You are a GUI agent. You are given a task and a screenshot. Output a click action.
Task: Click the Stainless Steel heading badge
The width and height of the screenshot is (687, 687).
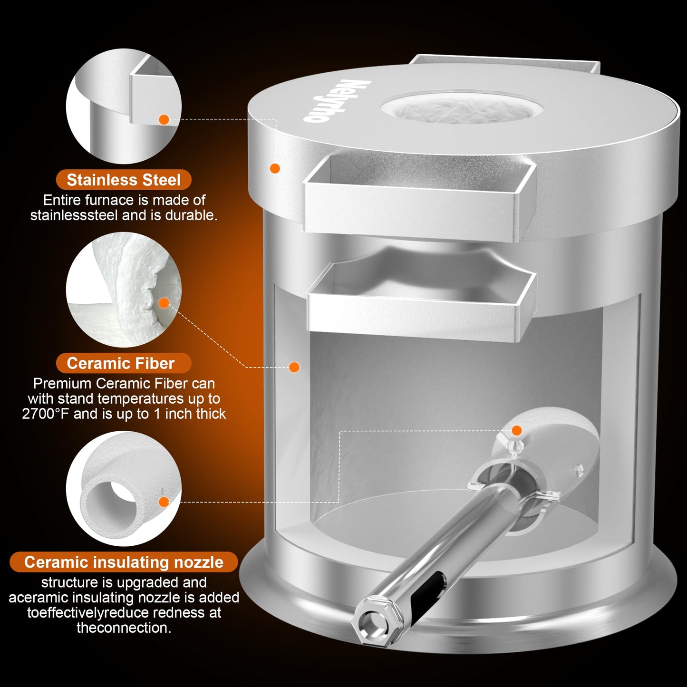tap(123, 180)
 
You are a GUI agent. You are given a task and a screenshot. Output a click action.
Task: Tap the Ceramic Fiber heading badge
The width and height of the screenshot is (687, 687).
tap(123, 363)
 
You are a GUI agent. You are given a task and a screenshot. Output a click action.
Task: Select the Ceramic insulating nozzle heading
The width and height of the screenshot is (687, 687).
tap(123, 562)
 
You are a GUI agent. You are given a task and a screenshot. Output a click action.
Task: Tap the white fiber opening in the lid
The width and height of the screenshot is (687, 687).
tap(462, 107)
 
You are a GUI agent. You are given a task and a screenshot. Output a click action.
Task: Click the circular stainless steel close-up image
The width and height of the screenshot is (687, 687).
tap(124, 106)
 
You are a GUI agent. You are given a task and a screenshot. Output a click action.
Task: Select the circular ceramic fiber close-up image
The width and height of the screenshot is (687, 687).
tap(124, 290)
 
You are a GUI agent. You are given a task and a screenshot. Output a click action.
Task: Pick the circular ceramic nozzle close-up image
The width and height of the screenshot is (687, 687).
tap(124, 488)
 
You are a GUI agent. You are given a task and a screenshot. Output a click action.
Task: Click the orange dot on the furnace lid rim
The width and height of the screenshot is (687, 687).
tap(274, 168)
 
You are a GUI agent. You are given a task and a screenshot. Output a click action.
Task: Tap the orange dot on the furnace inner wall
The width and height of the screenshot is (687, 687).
tap(294, 367)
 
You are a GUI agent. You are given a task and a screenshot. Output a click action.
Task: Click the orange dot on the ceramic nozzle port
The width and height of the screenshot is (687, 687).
tap(517, 431)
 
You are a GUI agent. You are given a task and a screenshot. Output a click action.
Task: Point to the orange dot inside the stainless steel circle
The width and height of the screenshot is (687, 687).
tap(164, 119)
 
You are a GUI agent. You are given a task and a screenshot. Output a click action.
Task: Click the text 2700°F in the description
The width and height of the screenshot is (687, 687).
tap(45, 414)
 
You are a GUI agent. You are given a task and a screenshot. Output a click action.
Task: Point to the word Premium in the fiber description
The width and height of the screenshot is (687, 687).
tap(63, 384)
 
